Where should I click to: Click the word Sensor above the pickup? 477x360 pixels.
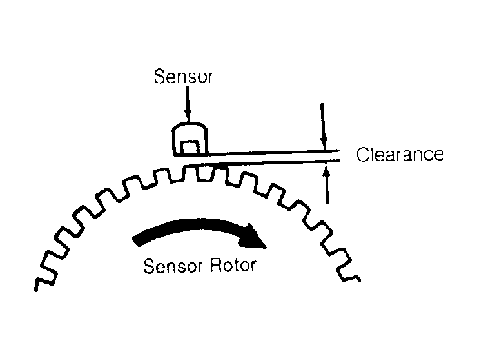click(x=183, y=76)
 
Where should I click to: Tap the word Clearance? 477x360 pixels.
click(x=400, y=154)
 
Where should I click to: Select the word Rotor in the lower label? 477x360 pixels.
click(x=233, y=266)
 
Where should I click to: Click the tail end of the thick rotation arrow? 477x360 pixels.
click(x=136, y=240)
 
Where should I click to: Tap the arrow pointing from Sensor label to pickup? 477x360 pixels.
click(x=188, y=104)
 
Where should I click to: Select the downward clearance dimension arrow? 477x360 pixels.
click(x=324, y=126)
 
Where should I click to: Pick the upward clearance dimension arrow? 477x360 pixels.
click(x=326, y=183)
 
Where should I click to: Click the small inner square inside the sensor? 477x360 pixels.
click(x=190, y=147)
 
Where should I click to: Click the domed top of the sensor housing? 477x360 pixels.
click(x=190, y=125)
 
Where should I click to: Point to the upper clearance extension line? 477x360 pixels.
click(x=273, y=152)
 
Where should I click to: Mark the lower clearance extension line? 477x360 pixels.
click(x=264, y=162)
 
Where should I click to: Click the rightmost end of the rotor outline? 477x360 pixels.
click(x=359, y=278)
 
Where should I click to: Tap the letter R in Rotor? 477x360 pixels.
click(x=217, y=266)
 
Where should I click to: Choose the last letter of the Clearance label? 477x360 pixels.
click(x=438, y=156)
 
